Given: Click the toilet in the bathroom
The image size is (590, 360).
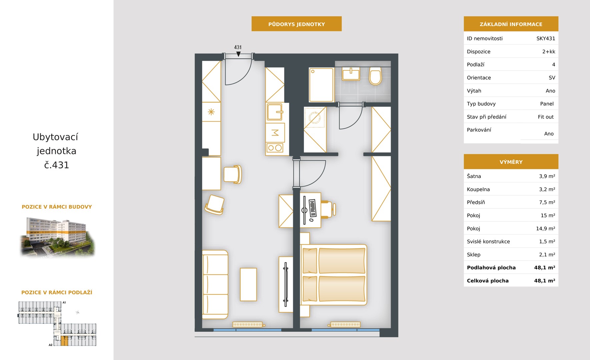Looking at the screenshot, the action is click(x=375, y=76).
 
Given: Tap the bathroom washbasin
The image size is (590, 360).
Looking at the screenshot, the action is click(x=351, y=74).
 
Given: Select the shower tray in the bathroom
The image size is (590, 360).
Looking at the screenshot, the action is click(x=321, y=85).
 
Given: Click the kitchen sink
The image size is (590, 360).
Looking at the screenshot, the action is click(x=275, y=112).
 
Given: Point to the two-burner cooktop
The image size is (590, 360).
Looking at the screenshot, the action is click(x=275, y=148).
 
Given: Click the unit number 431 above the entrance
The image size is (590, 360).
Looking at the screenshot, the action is click(x=238, y=47).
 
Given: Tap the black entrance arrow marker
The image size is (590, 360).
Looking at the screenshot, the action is click(x=238, y=54).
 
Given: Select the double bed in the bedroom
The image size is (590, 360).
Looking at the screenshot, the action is click(x=334, y=275).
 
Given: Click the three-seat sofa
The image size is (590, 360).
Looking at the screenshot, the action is click(x=215, y=284).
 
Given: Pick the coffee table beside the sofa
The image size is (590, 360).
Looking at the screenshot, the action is click(x=248, y=284).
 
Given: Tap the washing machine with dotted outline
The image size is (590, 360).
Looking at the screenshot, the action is click(x=315, y=117).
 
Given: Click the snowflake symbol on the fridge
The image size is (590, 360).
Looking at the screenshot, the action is click(x=211, y=112).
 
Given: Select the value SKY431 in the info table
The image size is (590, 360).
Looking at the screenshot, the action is click(x=546, y=38).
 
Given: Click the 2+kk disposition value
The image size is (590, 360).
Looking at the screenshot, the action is click(x=549, y=52).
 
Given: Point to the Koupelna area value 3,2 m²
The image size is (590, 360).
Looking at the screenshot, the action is click(x=547, y=189).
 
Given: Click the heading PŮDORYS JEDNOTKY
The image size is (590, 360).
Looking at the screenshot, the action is click(x=297, y=24).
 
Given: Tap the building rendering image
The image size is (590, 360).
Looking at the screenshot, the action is click(x=57, y=237).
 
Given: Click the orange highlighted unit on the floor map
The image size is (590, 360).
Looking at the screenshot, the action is click(x=64, y=341).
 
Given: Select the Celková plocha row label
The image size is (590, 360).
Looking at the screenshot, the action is click(x=488, y=281).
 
